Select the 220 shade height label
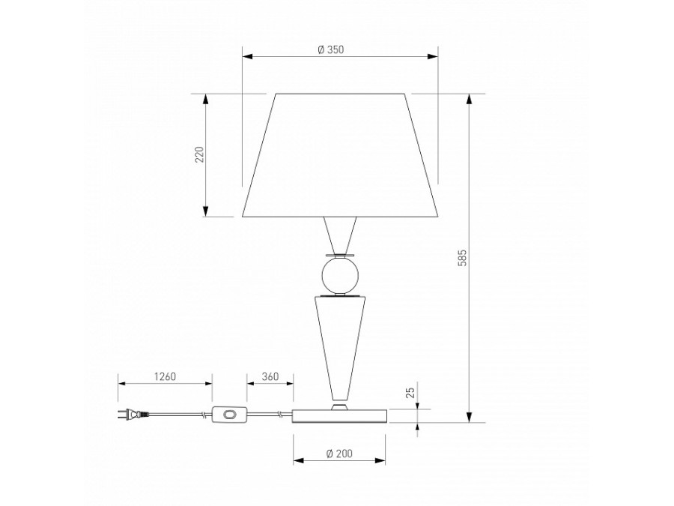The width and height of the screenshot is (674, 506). (199, 154)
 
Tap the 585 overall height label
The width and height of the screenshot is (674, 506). (461, 258)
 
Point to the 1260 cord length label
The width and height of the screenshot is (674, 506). (165, 376)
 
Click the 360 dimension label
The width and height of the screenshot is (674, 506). (270, 376)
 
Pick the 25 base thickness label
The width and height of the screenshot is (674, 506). (410, 392)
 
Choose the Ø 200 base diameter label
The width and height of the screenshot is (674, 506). (339, 454)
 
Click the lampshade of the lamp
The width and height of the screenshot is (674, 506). (340, 155)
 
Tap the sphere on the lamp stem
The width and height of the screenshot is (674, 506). (339, 276)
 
